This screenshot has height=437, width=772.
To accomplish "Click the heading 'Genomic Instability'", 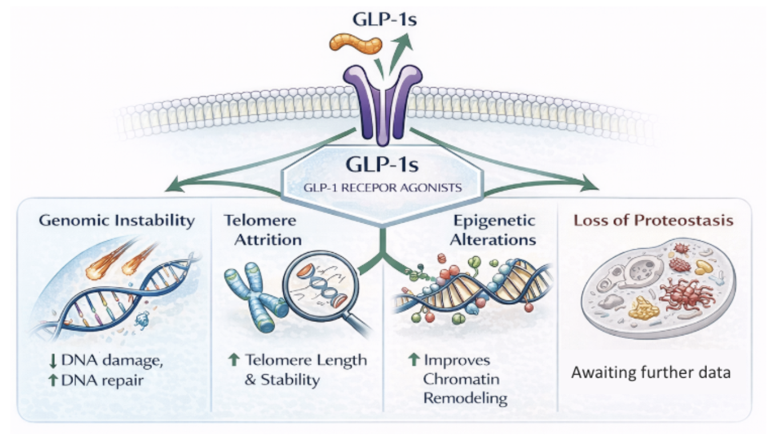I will (x=117, y=220).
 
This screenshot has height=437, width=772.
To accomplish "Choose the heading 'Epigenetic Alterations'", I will (x=492, y=230).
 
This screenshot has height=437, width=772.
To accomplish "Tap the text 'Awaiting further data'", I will (x=651, y=374).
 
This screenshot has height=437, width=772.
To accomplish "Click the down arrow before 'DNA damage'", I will (x=51, y=361).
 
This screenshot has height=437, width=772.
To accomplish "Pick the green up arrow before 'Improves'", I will (x=414, y=360).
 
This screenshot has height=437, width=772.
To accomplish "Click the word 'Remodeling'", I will (x=465, y=398).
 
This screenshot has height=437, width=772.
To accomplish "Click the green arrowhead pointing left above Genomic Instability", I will (x=171, y=185).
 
